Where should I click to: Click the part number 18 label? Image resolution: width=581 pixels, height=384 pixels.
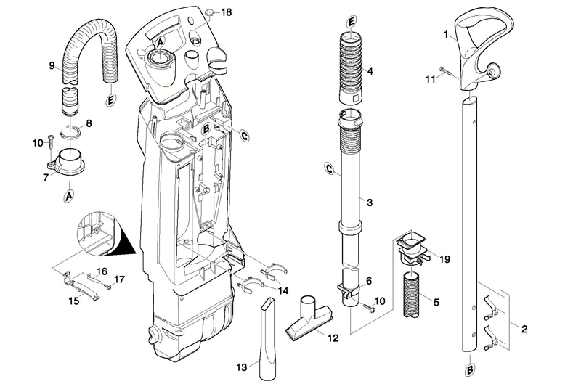[x=227, y=12]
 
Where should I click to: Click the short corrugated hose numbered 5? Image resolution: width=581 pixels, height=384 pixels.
[x=413, y=295]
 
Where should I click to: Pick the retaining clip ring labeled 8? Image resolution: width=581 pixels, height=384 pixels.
[x=70, y=133]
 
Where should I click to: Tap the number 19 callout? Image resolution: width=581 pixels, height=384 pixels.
[x=444, y=259]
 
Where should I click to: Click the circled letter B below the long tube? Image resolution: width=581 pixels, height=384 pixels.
[x=469, y=369]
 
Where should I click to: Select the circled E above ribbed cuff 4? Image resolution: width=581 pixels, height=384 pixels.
[x=351, y=23]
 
